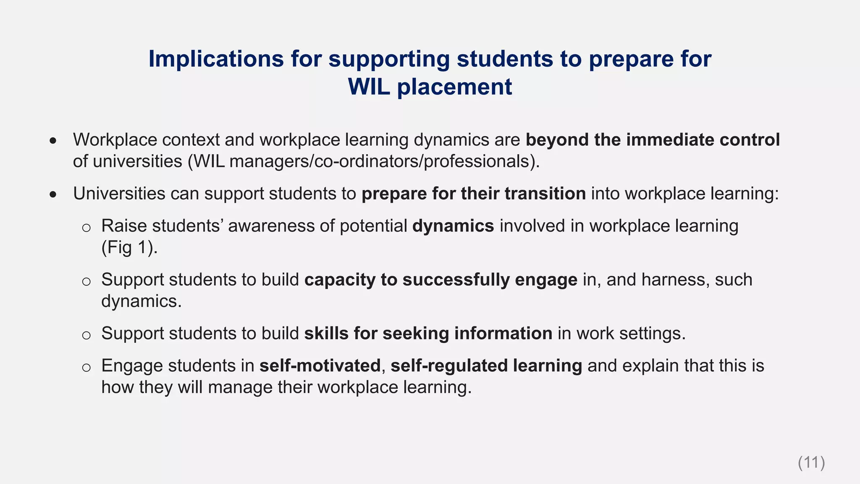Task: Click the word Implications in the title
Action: [x=216, y=59]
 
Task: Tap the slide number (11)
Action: [x=811, y=463]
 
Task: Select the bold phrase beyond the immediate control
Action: [x=653, y=140]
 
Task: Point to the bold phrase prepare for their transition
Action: [x=473, y=194]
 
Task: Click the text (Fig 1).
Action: [x=129, y=247]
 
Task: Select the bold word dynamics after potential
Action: [x=453, y=226]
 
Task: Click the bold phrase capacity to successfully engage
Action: [x=440, y=280]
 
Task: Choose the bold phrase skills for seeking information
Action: [x=428, y=334]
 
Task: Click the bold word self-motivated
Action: [x=320, y=366]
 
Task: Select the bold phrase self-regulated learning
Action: [x=486, y=366]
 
